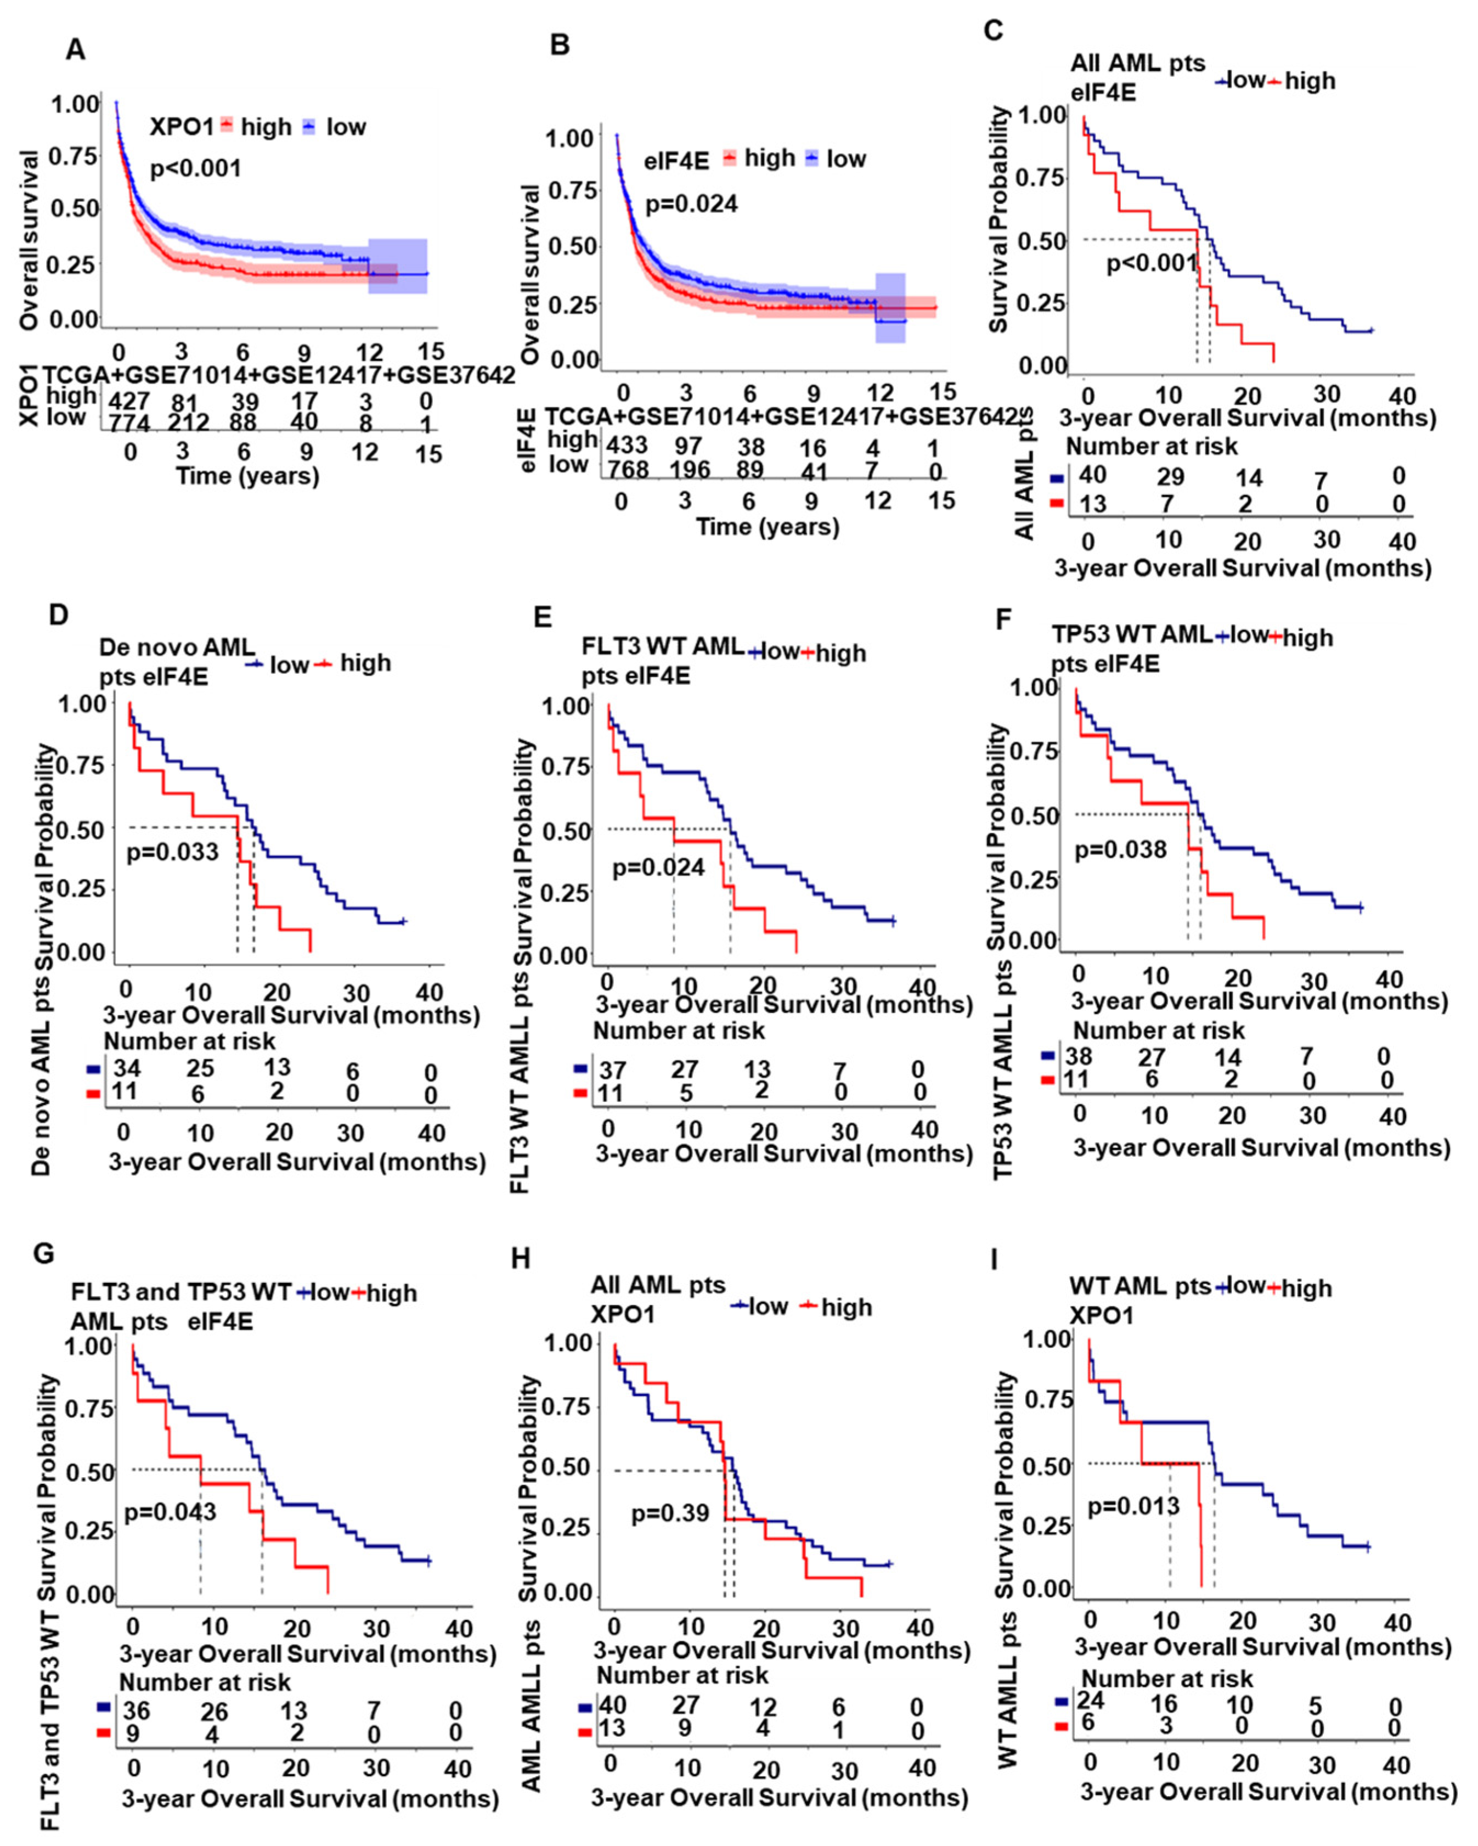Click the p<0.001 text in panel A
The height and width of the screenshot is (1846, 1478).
click(195, 168)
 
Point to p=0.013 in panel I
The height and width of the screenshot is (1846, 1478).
click(1133, 1505)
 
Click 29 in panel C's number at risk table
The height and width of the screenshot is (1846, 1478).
click(1170, 476)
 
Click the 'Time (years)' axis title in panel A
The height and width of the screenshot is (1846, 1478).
click(247, 476)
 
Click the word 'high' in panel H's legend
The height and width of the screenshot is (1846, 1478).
click(847, 1308)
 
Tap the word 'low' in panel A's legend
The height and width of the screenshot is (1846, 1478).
click(346, 127)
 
